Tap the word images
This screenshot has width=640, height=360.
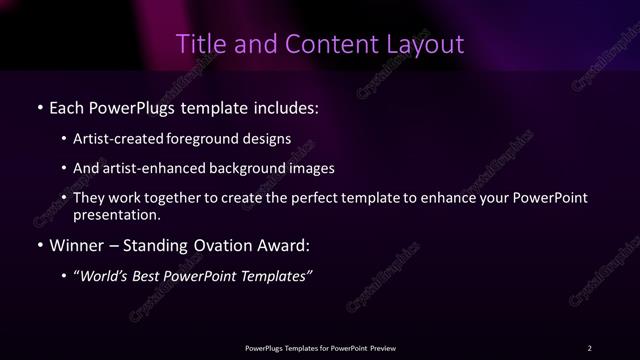314,168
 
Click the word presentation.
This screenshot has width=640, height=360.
115,214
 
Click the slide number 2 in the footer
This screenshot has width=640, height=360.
589,348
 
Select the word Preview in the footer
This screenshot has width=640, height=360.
382,348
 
